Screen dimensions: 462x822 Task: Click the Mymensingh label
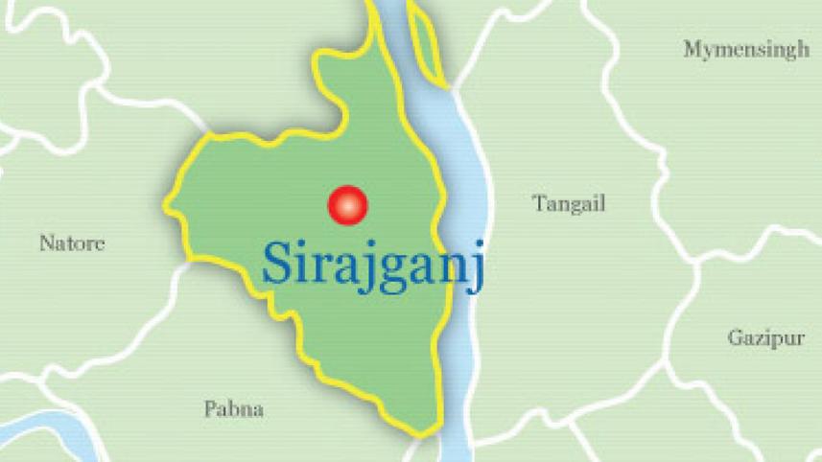pyautogui.click(x=746, y=50)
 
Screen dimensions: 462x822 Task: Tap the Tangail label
pyautogui.click(x=569, y=203)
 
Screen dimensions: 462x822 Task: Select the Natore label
pyautogui.click(x=72, y=243)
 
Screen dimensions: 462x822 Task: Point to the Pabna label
pyautogui.click(x=234, y=409)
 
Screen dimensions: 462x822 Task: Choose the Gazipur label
pyautogui.click(x=764, y=338)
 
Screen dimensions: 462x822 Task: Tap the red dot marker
pyautogui.click(x=347, y=204)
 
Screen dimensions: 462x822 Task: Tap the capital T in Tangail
pyautogui.click(x=539, y=202)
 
